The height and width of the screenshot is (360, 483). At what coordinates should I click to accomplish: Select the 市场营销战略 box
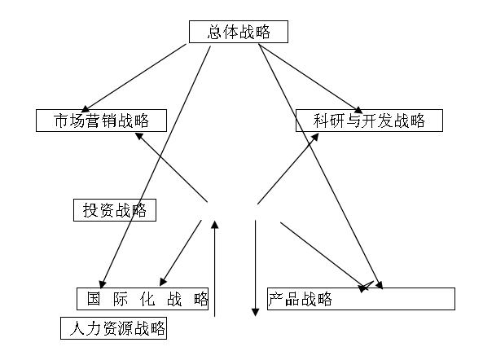point(102,121)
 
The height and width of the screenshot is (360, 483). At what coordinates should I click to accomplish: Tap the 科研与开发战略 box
point(369,121)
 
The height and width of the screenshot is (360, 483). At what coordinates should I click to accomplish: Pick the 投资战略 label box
point(114,210)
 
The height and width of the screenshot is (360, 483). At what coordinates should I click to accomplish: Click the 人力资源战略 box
point(113,329)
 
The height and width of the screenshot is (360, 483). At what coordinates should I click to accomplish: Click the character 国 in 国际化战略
point(94,298)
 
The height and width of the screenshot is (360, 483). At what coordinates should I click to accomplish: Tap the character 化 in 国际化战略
point(147,298)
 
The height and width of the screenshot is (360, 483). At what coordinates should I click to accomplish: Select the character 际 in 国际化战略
point(121,298)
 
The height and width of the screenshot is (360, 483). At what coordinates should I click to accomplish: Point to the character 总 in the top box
point(216,33)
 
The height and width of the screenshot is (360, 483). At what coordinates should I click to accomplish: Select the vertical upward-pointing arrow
point(214,269)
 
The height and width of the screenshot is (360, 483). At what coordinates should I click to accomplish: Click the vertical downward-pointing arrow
point(256,269)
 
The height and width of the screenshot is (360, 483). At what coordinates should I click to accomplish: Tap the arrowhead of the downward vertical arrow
point(256,312)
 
